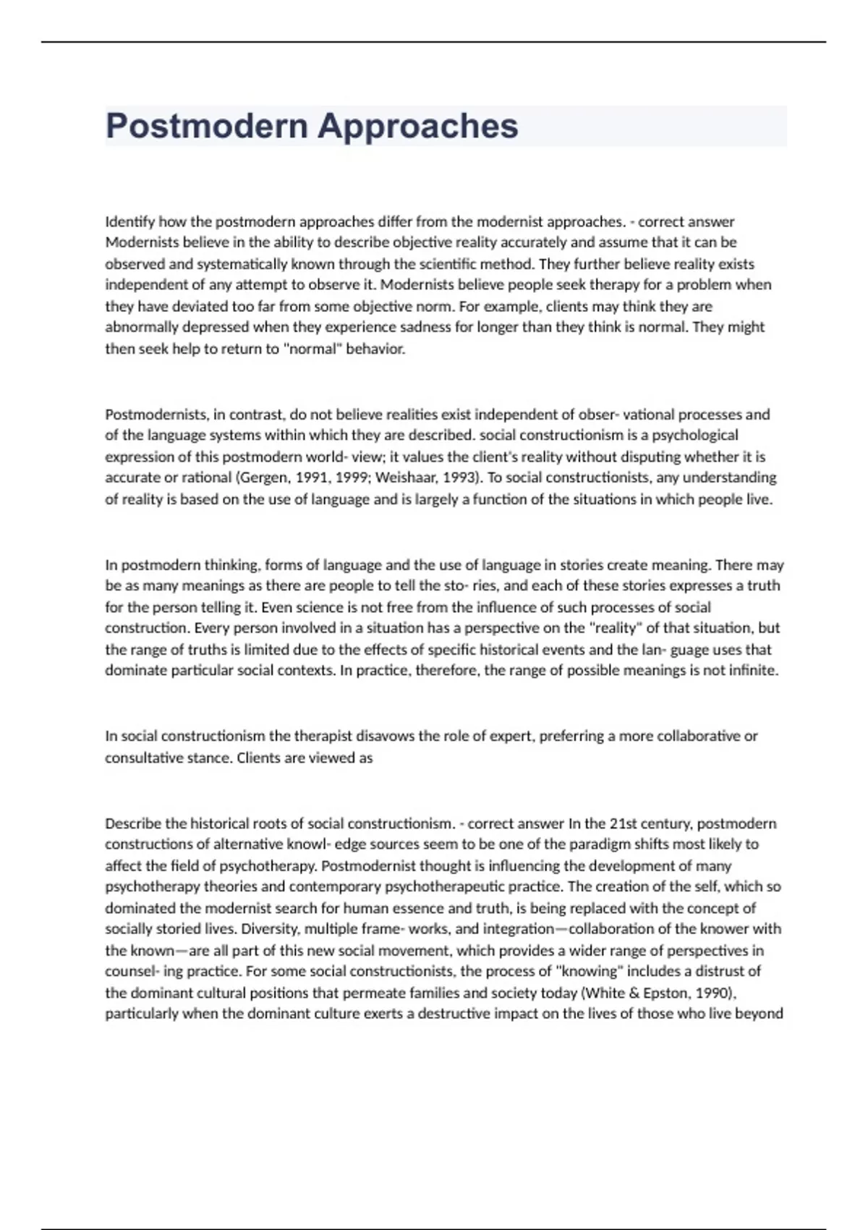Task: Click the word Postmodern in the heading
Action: (207, 126)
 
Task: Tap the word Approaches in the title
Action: (418, 126)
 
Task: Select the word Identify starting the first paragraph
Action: (130, 221)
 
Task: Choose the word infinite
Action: (752, 670)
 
